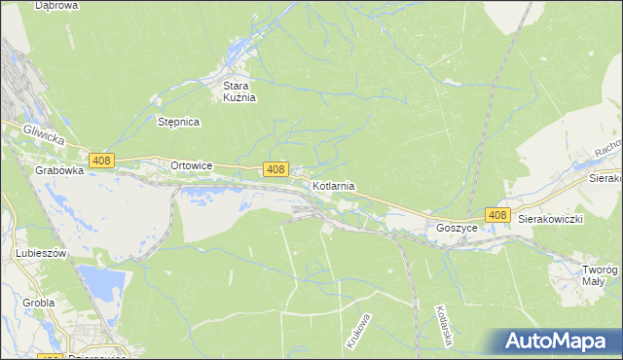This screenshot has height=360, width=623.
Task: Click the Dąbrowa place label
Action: [55, 6]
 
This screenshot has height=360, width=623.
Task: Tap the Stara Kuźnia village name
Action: [236, 91]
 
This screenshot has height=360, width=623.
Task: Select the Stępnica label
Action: [178, 123]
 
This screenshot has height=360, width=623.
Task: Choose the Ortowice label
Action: [191, 165]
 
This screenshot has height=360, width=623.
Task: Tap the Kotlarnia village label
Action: [333, 185]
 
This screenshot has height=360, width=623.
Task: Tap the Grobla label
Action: [39, 304]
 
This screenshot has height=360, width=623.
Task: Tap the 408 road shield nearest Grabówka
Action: [102, 161]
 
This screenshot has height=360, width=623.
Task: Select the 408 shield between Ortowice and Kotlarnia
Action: [275, 170]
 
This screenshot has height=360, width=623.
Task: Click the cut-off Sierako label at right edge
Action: [605, 179]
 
